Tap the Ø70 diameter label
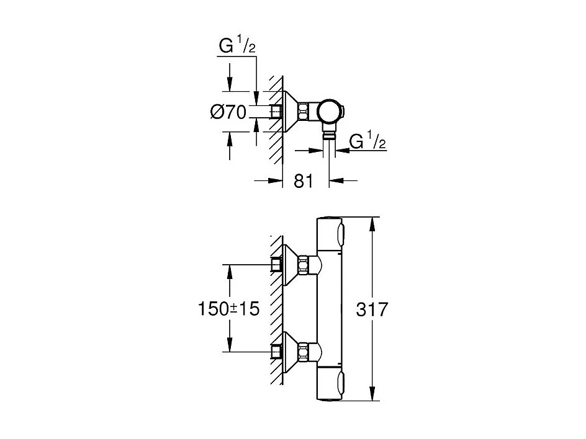coord(228,112)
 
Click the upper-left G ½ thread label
coord(237,47)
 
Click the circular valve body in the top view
coord(328,112)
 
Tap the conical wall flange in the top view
coord(291,112)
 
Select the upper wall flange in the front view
coord(290,265)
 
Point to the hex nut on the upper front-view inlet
coord(304,265)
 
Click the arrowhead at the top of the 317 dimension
coord(372,223)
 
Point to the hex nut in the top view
coord(304,112)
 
